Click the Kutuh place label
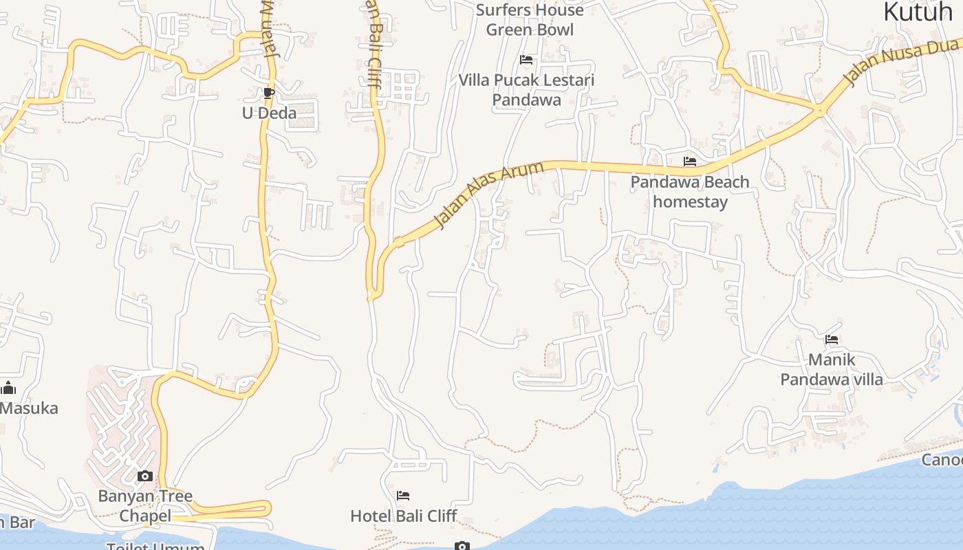click(x=918, y=12)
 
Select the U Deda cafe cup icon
click(x=269, y=93)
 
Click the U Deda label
click(x=269, y=113)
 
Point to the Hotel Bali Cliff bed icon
click(x=403, y=496)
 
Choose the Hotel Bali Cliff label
click(x=404, y=516)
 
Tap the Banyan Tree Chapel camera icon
click(x=144, y=476)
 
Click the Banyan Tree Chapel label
click(x=145, y=505)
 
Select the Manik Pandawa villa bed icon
click(x=832, y=339)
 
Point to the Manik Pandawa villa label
click(x=832, y=369)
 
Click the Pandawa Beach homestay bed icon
click(x=690, y=162)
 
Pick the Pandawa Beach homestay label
click(x=690, y=192)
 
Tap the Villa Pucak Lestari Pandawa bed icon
click(x=526, y=60)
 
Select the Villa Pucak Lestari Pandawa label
click(x=526, y=90)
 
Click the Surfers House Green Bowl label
click(x=529, y=20)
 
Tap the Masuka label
click(x=29, y=408)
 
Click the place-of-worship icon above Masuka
click(x=8, y=388)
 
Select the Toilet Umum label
click(x=155, y=546)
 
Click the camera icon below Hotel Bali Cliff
click(x=462, y=546)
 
